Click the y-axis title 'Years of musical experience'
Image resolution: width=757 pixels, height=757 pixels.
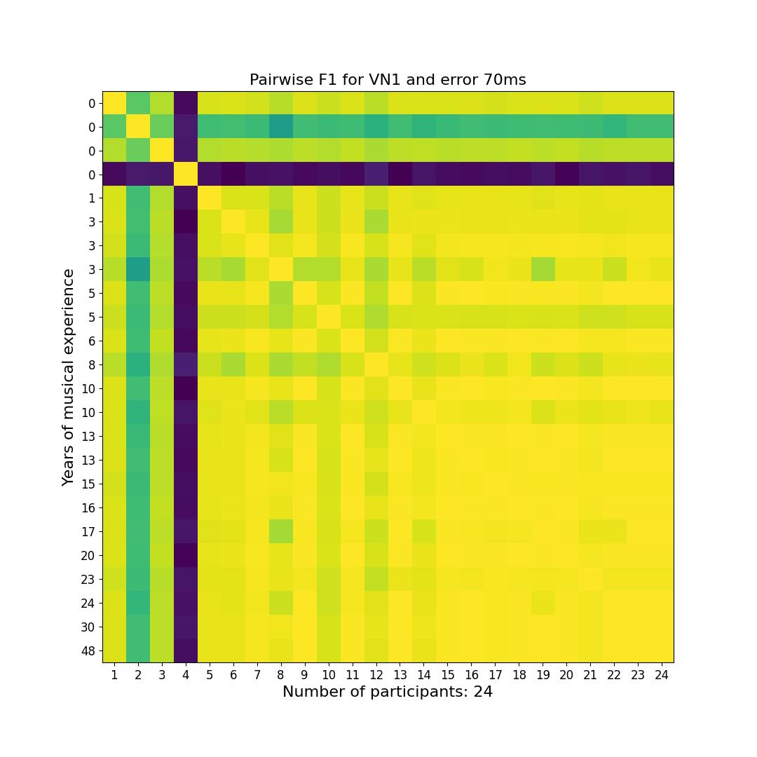tap(68, 377)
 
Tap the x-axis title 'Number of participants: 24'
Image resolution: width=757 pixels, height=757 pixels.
tap(388, 692)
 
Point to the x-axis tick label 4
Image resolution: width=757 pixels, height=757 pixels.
tap(186, 675)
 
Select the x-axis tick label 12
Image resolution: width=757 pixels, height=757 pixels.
tap(376, 675)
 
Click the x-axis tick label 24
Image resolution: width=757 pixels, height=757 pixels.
tap(662, 675)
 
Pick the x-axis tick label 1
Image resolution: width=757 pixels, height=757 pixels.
tap(114, 675)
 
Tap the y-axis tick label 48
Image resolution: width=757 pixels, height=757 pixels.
tap(88, 650)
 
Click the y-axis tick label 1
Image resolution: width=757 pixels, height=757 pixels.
tap(92, 198)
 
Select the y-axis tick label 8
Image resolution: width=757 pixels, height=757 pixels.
tap(92, 364)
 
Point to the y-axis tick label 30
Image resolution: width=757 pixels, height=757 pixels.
tap(88, 627)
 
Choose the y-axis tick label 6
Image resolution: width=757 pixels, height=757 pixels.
tap(92, 341)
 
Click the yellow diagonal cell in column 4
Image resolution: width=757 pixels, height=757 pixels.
tap(186, 175)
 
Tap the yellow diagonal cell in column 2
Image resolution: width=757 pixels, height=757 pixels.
tap(138, 127)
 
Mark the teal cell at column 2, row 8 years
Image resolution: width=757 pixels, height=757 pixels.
tap(138, 364)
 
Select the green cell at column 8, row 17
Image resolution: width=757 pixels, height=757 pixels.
tap(281, 531)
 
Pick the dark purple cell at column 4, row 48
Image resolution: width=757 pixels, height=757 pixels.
tap(186, 650)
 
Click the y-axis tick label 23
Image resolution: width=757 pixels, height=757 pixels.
tap(88, 579)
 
